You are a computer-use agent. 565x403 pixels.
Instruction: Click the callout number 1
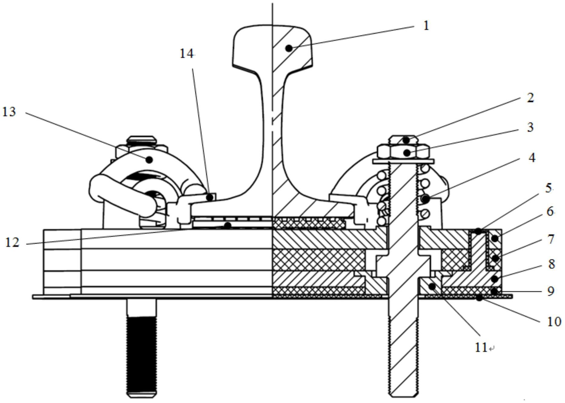[426, 26]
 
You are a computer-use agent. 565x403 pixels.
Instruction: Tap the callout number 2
[530, 98]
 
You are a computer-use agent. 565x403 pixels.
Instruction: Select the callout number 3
[530, 127]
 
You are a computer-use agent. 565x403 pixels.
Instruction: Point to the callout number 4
[531, 158]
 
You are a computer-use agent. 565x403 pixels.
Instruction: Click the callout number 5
[549, 188]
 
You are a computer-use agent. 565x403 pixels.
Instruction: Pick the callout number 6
[550, 211]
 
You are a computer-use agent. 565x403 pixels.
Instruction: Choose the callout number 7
[551, 239]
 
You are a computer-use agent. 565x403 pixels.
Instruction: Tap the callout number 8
[551, 264]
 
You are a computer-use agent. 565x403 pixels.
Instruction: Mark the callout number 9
[551, 291]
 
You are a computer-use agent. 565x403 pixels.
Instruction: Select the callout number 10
[554, 322]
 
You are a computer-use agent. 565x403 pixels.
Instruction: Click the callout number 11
[481, 348]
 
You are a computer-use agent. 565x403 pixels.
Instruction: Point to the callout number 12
[12, 243]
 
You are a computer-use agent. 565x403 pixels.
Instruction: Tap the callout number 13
[9, 112]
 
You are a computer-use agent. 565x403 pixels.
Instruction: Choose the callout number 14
[186, 54]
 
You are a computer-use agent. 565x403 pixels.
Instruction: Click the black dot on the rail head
[289, 48]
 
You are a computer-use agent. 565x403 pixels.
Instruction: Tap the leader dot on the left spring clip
[149, 160]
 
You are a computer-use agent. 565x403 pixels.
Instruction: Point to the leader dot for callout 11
[432, 286]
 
